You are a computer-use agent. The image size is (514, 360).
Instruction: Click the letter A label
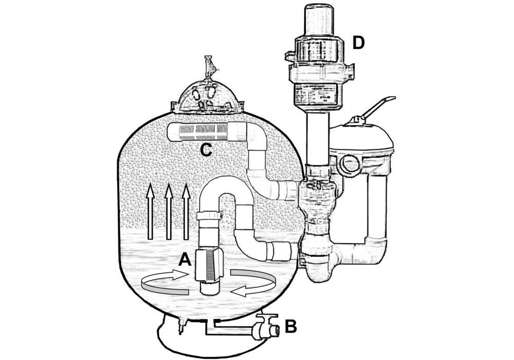185,261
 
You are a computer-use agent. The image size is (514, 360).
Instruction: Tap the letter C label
206,151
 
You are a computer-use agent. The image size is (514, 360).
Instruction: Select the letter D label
358,43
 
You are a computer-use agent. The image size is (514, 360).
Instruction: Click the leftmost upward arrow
150,211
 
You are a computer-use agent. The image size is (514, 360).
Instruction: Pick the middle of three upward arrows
169,211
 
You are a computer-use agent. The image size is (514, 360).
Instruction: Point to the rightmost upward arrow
186,211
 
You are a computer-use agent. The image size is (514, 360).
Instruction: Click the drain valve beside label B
264,328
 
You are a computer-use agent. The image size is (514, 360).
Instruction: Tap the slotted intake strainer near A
209,265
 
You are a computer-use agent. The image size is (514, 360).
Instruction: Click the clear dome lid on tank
207,97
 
